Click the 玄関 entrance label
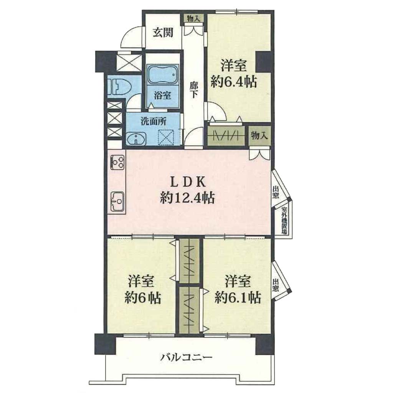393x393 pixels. (163, 32)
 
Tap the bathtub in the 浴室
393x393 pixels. (163, 74)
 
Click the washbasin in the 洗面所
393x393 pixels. (135, 139)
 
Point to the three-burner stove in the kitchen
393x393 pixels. (117, 162)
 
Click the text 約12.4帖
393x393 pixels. (187, 199)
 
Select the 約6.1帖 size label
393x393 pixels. (238, 297)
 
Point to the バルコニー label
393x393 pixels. (187, 357)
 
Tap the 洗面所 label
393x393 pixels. (154, 122)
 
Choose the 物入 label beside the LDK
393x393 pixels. (259, 136)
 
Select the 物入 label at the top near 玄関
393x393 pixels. (194, 18)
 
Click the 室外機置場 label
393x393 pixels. (284, 220)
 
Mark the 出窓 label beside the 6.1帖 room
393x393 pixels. (275, 286)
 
